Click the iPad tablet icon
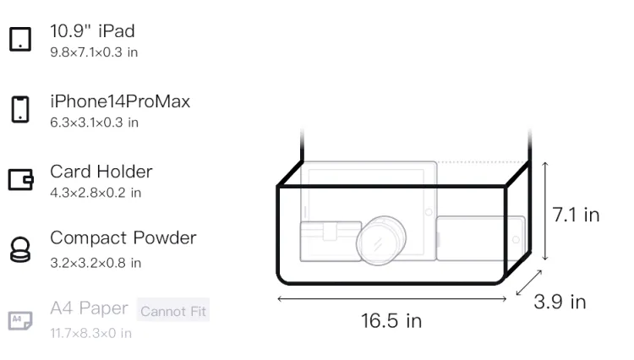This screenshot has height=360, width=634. click(x=20, y=39)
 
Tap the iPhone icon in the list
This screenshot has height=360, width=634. click(x=20, y=109)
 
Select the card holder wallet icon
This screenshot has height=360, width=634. click(x=20, y=179)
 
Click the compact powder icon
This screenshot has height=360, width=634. click(x=20, y=249)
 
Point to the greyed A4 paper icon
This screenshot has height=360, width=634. click(x=20, y=320)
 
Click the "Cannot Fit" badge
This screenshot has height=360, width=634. click(x=173, y=311)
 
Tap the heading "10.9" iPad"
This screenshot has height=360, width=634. click(x=92, y=31)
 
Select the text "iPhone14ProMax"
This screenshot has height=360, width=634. click(x=120, y=101)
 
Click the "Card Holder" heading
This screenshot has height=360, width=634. click(x=101, y=172)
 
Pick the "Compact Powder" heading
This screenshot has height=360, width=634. click(x=123, y=238)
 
